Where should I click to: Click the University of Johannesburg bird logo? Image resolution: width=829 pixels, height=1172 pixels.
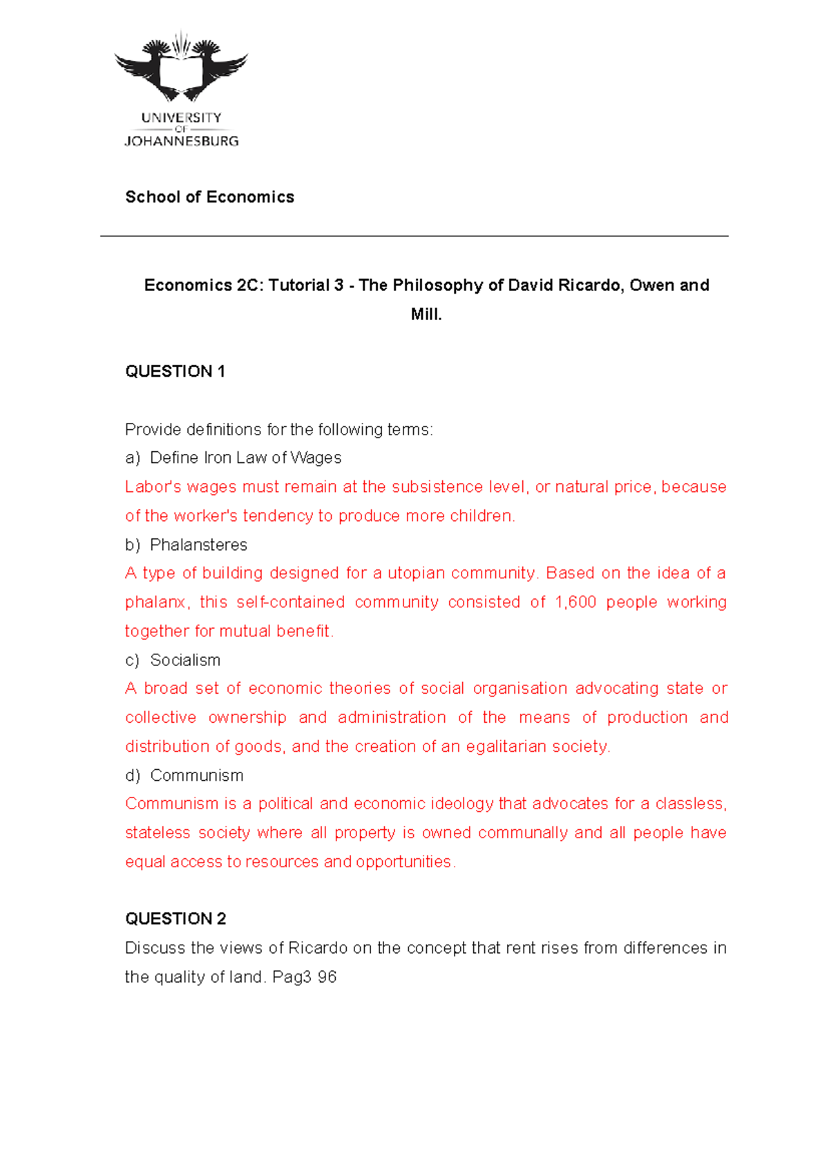181,69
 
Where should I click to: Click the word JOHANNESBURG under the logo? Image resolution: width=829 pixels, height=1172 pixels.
181,141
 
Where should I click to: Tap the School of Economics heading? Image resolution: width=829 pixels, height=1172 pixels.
209,197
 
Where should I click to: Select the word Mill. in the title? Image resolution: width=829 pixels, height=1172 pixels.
426,314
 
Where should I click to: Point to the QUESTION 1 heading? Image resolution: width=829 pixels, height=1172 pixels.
175,372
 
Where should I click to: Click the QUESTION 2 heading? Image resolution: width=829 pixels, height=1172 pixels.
175,918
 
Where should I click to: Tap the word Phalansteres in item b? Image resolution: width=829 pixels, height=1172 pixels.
198,545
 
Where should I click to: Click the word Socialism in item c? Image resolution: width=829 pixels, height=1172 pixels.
185,660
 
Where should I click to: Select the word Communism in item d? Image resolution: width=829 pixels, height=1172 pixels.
197,775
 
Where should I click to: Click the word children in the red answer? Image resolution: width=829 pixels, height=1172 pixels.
481,516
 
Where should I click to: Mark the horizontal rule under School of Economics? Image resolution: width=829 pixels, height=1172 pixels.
414,236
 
